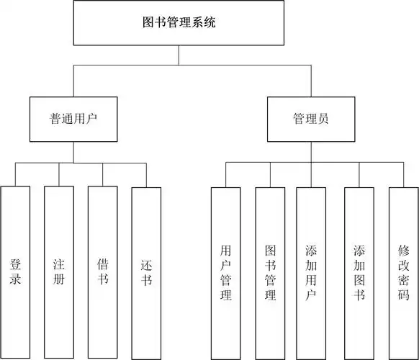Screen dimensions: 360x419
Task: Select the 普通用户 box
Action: click(x=73, y=119)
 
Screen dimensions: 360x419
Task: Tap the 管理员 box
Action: click(x=311, y=119)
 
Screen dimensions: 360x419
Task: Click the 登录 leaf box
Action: click(x=15, y=272)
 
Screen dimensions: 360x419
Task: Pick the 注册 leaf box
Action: click(x=59, y=272)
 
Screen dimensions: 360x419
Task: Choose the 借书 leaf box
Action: click(x=103, y=272)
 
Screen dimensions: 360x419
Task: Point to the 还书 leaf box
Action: click(x=147, y=272)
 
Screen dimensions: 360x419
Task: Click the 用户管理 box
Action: click(x=225, y=272)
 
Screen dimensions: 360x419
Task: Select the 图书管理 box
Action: click(x=270, y=272)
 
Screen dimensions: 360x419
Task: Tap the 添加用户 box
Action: click(x=311, y=272)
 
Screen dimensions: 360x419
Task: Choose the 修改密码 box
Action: click(x=403, y=272)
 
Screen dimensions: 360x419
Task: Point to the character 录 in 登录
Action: click(x=15, y=279)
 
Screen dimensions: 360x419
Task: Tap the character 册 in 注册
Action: click(x=59, y=279)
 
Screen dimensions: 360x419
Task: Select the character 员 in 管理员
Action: click(x=323, y=119)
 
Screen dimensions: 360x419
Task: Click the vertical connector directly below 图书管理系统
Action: click(x=179, y=54)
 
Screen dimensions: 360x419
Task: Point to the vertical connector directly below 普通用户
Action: click(x=73, y=153)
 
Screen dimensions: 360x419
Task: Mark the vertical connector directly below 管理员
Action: click(x=311, y=153)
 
